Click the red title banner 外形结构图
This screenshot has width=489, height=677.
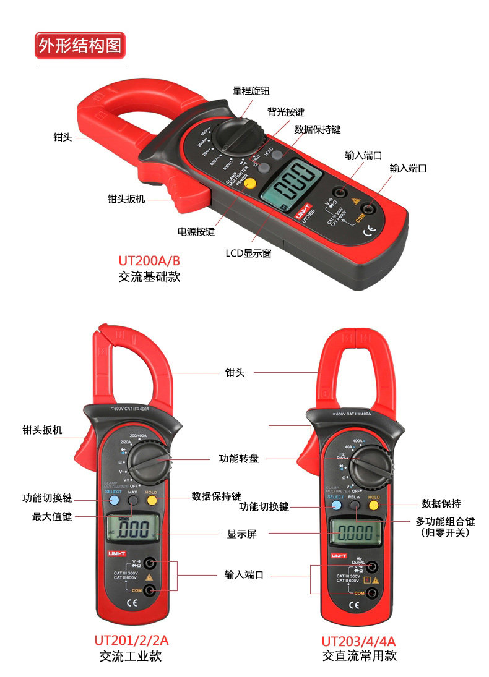click(80, 46)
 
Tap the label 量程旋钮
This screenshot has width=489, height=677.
click(251, 91)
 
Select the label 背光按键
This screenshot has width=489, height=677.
click(286, 112)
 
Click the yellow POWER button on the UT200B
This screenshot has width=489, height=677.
click(247, 182)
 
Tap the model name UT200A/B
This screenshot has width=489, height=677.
click(149, 260)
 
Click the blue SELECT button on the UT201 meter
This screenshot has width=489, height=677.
click(114, 500)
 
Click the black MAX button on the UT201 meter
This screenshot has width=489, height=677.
click(132, 500)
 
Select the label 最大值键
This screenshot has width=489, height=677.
click(52, 516)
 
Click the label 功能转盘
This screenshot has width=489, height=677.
click(238, 459)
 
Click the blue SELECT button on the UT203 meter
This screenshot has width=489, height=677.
click(335, 505)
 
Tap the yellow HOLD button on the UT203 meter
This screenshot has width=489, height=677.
click(373, 505)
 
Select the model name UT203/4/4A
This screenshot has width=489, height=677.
click(358, 641)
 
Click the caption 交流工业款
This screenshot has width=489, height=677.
click(131, 656)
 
